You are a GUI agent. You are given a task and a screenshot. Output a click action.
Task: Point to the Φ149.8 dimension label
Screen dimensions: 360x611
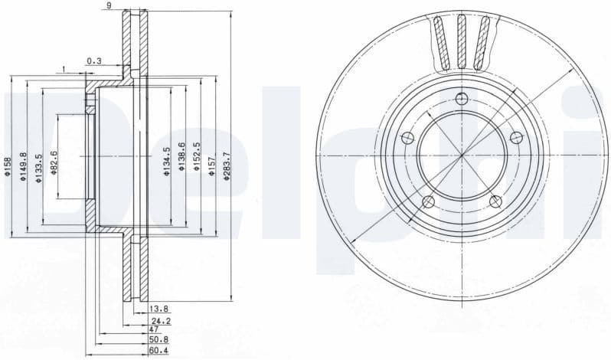23,167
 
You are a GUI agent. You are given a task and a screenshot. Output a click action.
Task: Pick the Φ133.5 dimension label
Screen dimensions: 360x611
38,166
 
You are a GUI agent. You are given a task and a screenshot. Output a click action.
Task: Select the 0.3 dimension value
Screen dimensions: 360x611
94,61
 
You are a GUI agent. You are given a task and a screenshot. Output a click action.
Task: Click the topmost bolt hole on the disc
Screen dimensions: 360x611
460,97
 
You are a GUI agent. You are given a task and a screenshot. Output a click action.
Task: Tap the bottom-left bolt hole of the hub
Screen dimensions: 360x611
428,201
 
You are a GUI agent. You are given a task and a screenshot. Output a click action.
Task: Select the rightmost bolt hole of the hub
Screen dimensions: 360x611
517,137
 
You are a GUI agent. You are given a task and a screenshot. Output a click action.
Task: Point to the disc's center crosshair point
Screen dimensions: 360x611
462,155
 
